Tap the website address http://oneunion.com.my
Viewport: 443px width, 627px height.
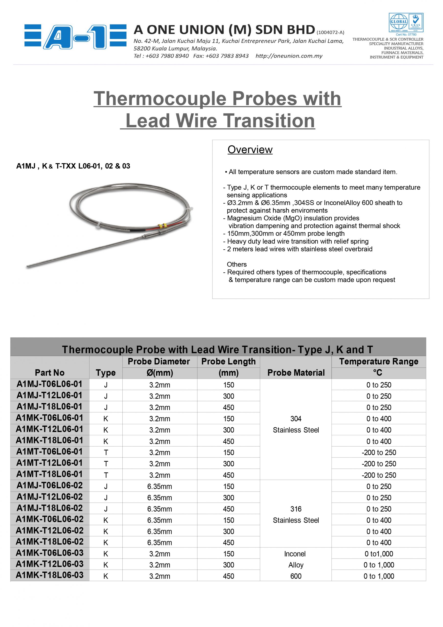289,56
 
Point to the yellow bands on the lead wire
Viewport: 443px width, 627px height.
163,226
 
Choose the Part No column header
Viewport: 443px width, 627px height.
50,373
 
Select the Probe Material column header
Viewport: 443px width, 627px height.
296,373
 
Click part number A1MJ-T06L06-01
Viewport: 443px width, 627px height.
50,384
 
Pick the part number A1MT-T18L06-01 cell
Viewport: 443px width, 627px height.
50,474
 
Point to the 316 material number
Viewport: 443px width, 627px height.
296,509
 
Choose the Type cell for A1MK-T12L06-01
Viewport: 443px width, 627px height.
106,430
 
